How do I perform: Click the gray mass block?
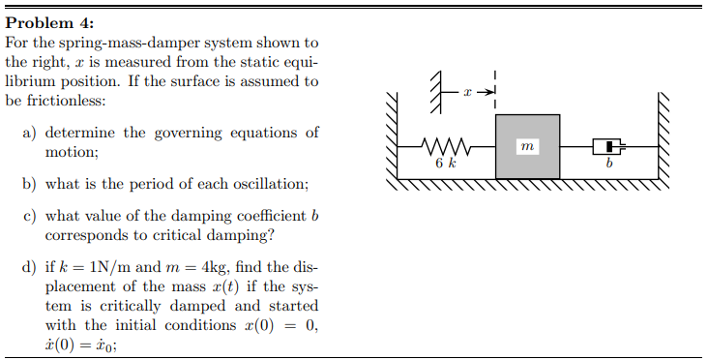point(527,146)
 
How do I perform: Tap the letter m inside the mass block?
point(526,146)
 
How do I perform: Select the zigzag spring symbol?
point(447,147)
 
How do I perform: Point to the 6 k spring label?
point(445,165)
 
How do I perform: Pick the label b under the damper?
point(608,165)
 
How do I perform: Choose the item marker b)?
point(30,183)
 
